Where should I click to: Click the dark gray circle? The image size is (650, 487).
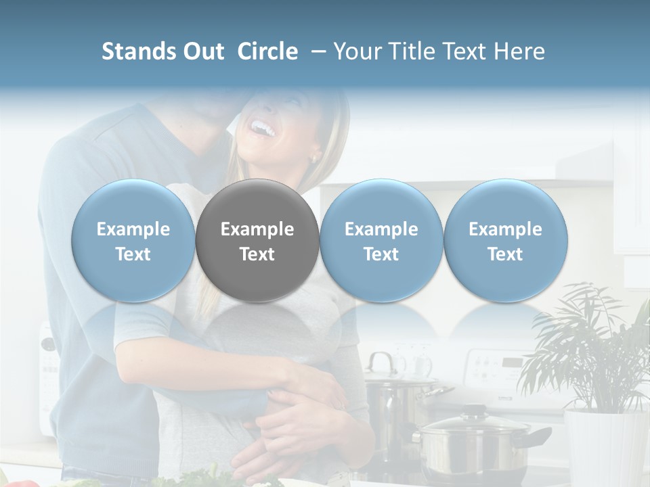pos(257,241)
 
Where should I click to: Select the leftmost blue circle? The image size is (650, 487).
pos(133,241)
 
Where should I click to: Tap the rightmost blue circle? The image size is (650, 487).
pos(505,241)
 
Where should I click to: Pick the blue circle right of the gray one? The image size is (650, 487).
pos(381,241)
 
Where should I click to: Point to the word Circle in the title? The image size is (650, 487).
pos(267,51)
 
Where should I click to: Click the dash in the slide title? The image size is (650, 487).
pos(316,51)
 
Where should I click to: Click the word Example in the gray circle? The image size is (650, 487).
pos(257,229)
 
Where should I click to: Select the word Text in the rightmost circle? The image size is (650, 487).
pos(505,254)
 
